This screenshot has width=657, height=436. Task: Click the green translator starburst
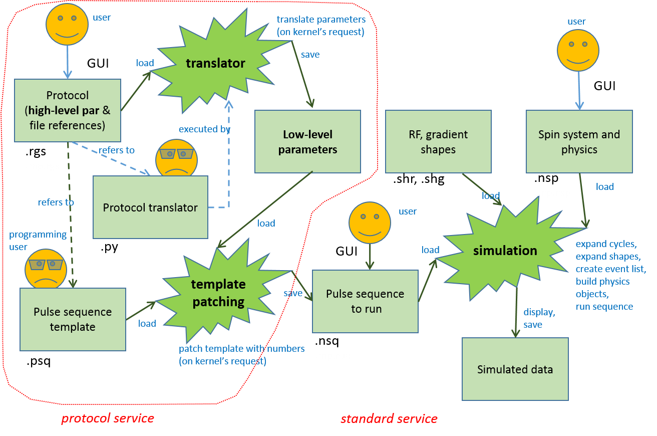pos(215,63)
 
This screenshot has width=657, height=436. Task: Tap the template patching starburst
pos(218,293)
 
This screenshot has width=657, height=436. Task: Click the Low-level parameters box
pos(307,141)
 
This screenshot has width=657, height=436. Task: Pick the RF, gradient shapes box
pos(438,141)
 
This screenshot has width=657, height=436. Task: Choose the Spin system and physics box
pos(579,141)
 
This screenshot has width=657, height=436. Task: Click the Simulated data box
pos(515,369)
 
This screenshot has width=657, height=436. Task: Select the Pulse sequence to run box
pos(365,301)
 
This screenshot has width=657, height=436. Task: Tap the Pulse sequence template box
pos(73,319)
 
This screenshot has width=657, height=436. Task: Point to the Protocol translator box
pos(150,207)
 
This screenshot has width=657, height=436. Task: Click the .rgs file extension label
pos(36,152)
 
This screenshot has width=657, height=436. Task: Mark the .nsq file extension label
pos(327,341)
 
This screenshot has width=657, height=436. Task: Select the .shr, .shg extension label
pos(419,179)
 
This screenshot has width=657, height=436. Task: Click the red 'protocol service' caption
pos(108,418)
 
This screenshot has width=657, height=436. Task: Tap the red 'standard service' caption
pos(389,418)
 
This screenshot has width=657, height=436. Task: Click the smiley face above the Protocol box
pos(67,25)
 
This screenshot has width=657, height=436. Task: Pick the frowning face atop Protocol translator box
pos(177,158)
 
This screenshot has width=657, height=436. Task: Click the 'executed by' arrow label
pos(204,129)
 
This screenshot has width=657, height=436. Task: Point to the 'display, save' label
pos(539,318)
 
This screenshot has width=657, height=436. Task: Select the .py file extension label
pos(109,248)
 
